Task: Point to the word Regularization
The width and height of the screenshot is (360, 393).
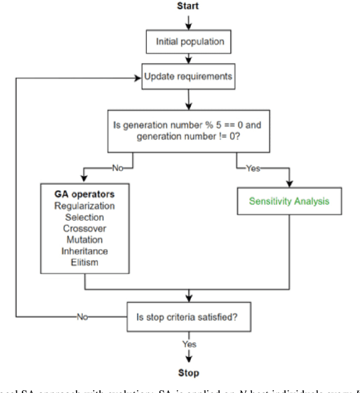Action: point(85,206)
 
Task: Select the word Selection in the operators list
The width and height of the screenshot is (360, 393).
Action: point(85,217)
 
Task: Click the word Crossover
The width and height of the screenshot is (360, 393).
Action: point(85,228)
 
